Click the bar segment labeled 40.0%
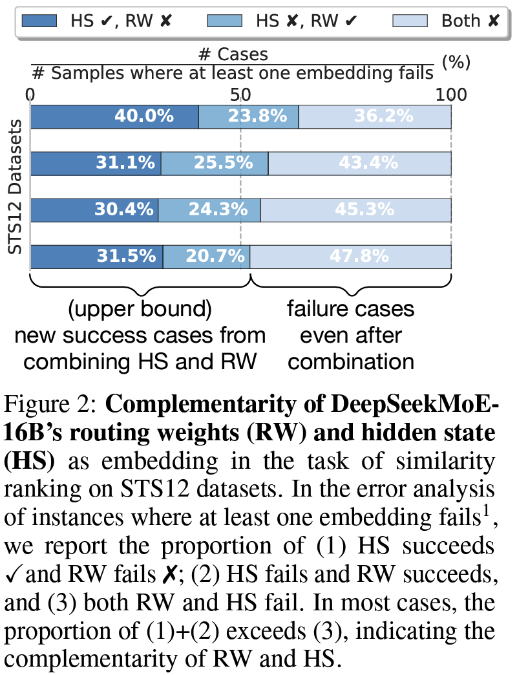114,116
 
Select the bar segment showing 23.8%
249,116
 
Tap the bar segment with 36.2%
375,116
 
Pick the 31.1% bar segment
96,163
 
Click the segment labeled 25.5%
215,163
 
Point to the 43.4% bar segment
360,163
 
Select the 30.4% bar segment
94,209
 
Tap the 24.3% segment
209,209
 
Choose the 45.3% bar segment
356,209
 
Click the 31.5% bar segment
96,256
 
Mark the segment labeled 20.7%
206,256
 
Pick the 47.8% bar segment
351,256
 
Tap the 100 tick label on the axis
450,95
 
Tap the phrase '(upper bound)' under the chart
140,309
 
